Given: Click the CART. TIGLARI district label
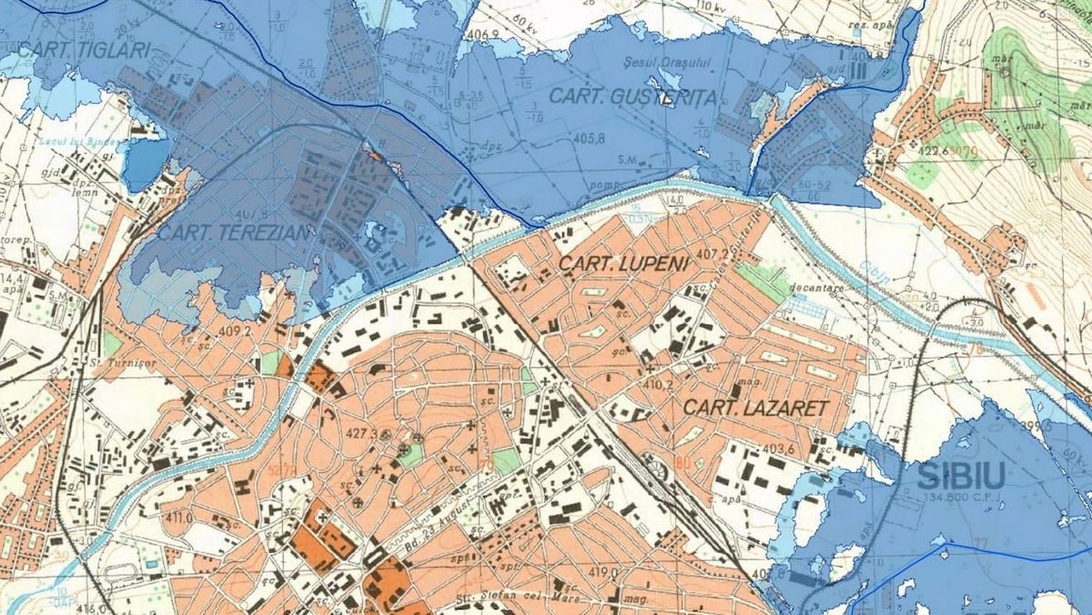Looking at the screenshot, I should [84, 50].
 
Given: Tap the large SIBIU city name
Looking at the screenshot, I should [961, 475].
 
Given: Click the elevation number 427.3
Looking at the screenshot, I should [362, 435].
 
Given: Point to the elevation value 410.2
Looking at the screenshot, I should [659, 385].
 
